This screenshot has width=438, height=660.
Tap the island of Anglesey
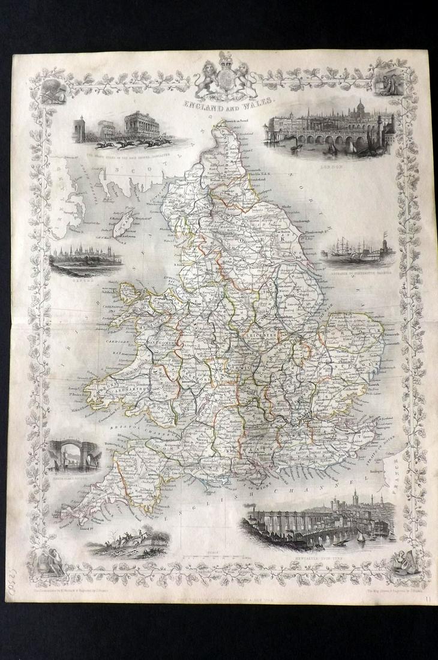131,292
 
